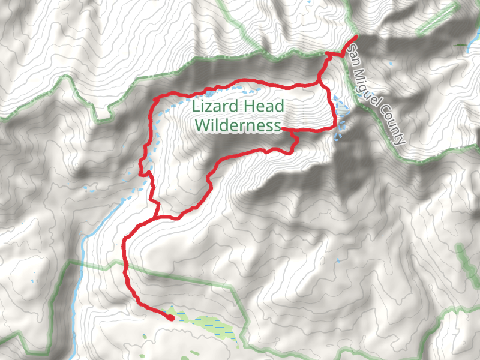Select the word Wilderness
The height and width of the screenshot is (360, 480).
pyautogui.click(x=238, y=125)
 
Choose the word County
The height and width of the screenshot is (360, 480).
pyautogui.click(x=395, y=127)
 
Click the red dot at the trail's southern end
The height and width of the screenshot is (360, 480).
pyautogui.click(x=171, y=318)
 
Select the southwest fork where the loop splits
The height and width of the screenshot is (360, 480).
pyautogui.click(x=157, y=217)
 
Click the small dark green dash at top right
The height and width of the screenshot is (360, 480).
pyautogui.click(x=460, y=45)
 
